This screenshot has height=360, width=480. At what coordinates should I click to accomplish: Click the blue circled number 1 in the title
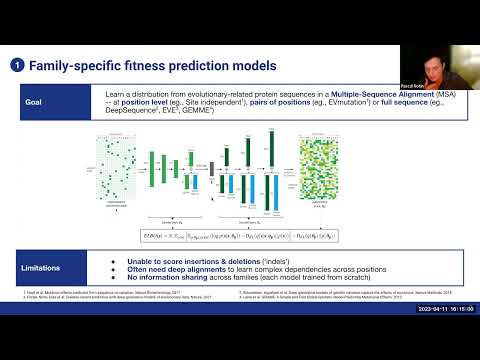(17, 66)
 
